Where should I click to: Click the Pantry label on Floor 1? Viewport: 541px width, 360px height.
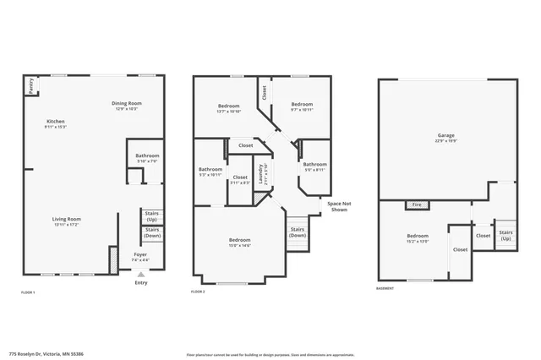(30, 85)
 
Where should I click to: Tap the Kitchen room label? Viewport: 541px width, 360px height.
(56, 122)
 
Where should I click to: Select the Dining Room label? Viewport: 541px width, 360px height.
(125, 104)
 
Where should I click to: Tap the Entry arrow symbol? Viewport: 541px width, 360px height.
(140, 274)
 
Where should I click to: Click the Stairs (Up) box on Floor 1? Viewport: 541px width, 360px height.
(153, 216)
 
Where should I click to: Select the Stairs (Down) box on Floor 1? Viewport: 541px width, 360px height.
(153, 233)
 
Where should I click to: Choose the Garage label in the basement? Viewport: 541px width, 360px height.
(445, 136)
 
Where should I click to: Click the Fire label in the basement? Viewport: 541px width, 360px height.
(416, 205)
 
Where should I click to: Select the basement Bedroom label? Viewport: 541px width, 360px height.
(418, 236)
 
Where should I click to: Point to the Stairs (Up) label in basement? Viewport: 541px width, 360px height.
(505, 236)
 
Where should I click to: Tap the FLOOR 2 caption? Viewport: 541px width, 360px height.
(199, 292)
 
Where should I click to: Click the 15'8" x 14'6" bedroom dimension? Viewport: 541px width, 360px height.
(240, 245)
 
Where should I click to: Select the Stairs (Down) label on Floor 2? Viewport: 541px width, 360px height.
(298, 232)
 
